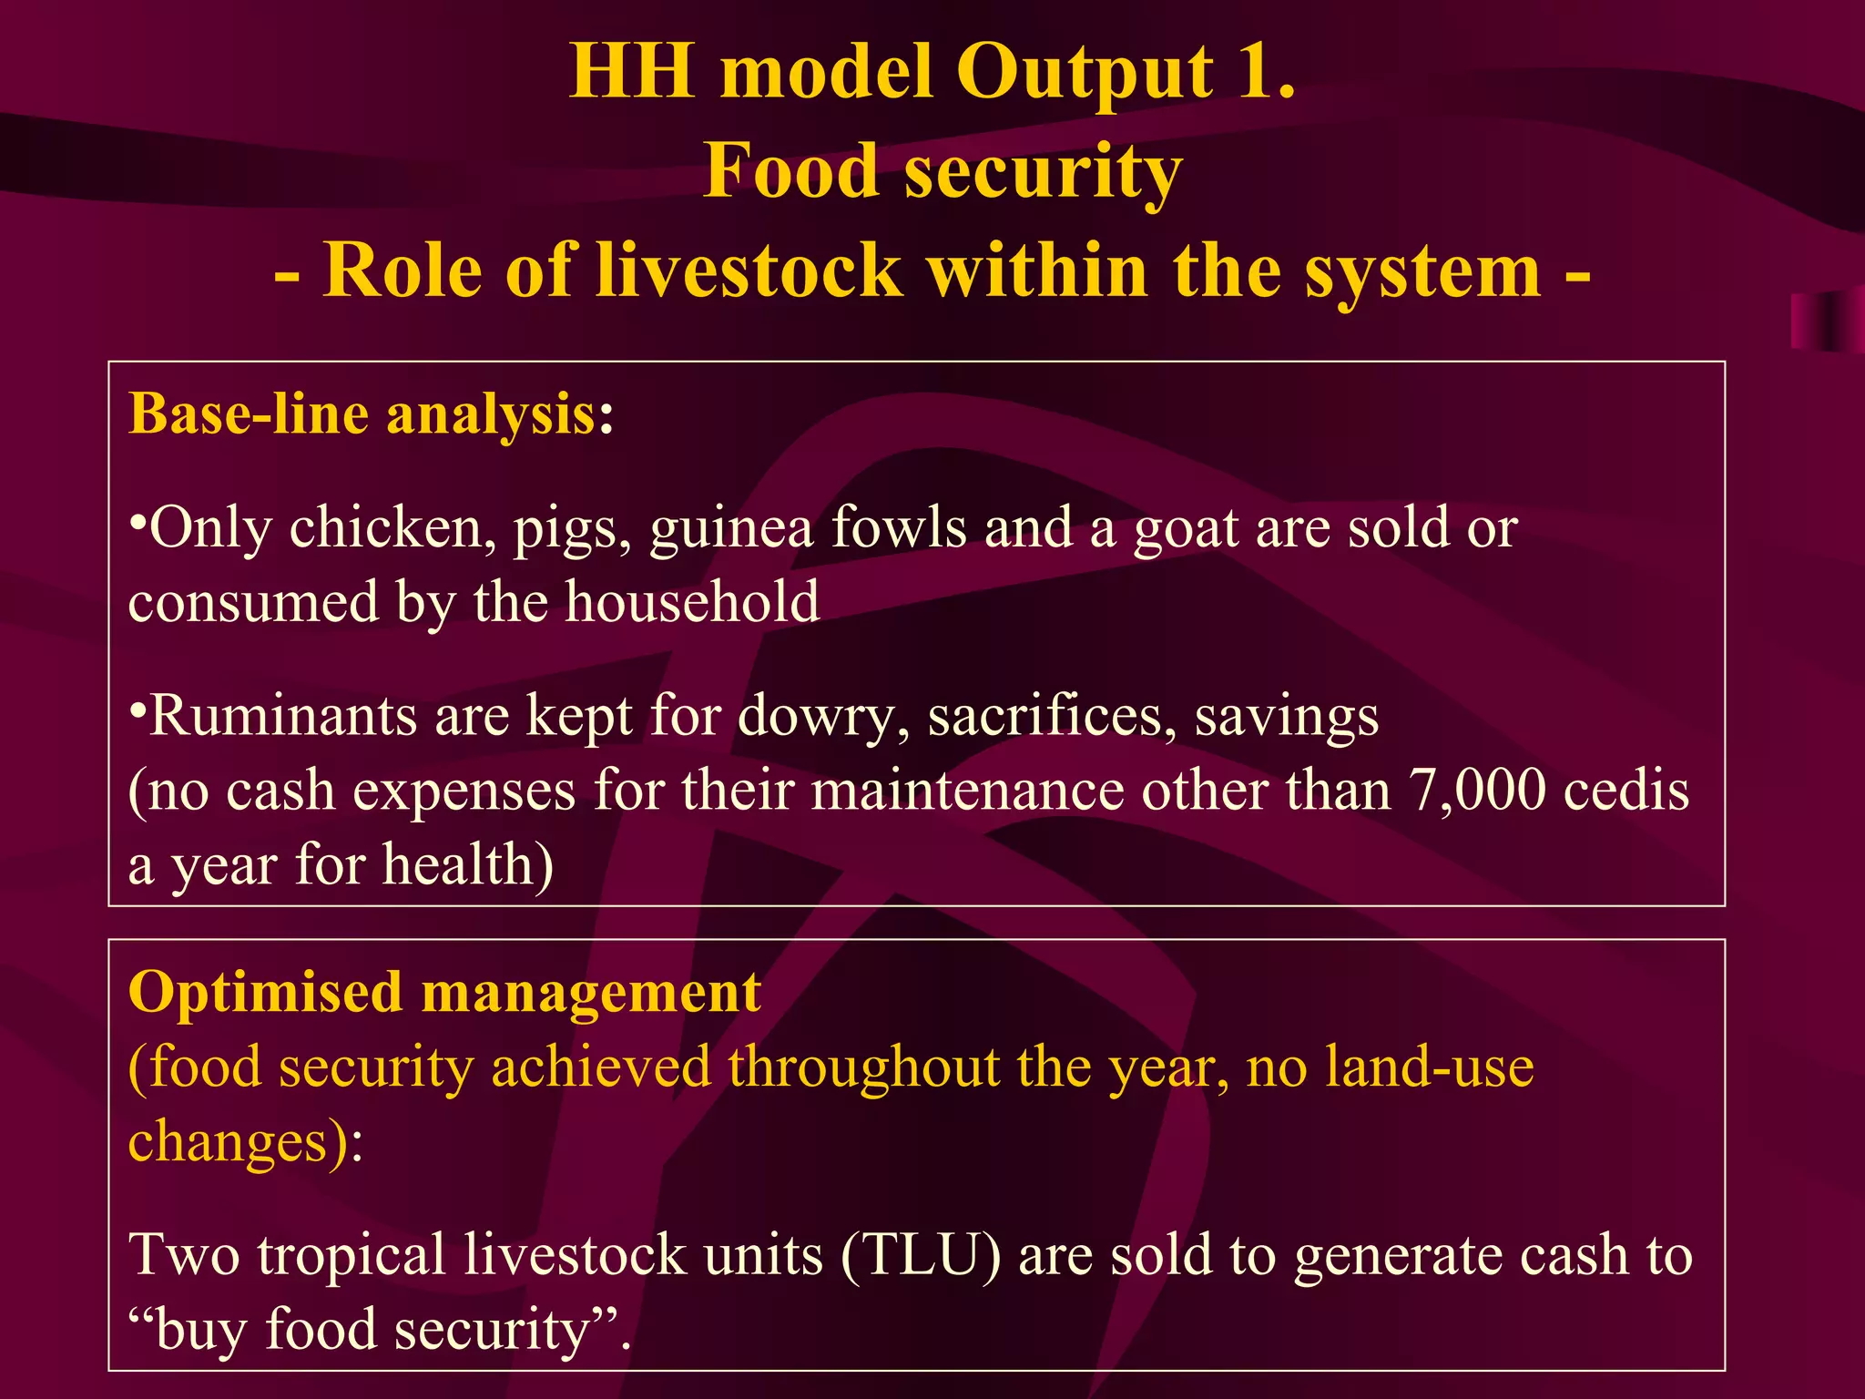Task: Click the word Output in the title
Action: coord(1085,73)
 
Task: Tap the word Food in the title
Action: coord(792,170)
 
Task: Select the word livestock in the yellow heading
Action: coord(749,271)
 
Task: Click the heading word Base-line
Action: coord(248,414)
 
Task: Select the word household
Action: coord(692,602)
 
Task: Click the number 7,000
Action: coord(1477,790)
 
